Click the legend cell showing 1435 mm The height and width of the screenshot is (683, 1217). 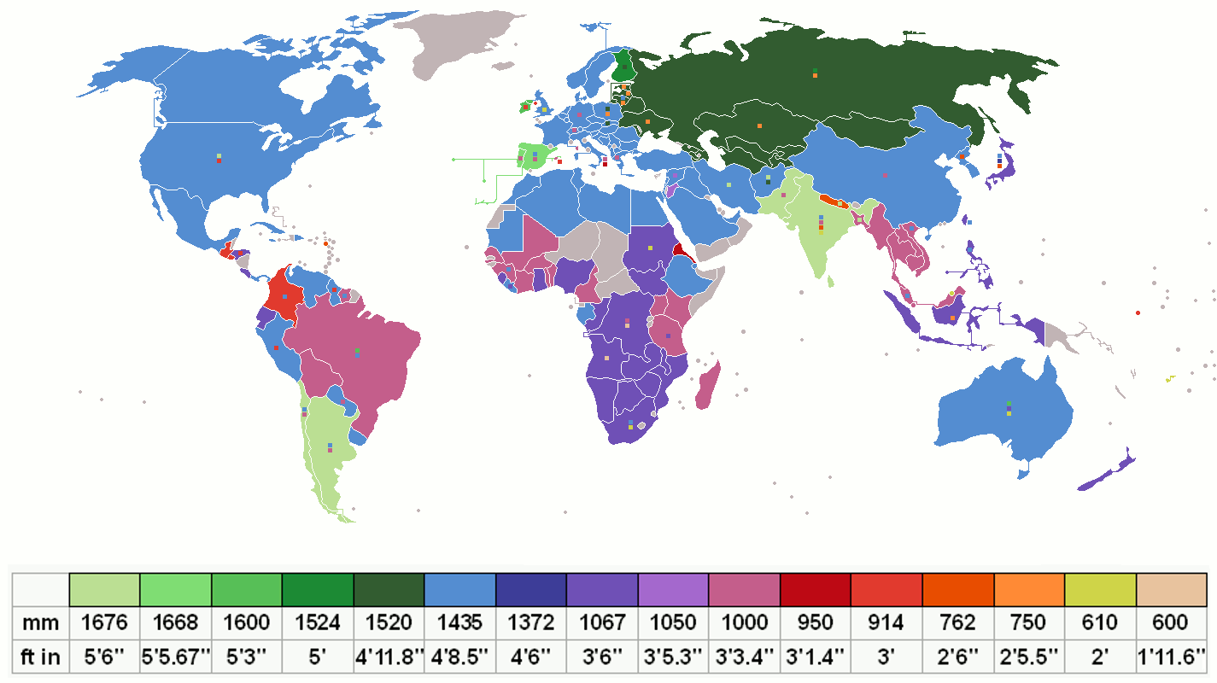tap(460, 622)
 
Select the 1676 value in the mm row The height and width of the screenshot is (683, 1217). tap(104, 622)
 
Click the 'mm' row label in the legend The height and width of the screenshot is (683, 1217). tap(39, 622)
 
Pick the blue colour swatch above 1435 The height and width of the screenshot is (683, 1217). tap(460, 589)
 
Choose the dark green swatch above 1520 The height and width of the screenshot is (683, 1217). tap(389, 589)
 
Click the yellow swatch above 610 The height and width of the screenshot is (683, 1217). tap(1100, 589)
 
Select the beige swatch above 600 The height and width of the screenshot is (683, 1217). tap(1171, 589)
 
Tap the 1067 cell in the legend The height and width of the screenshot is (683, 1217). tap(602, 622)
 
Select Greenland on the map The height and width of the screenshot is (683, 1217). tap(461, 43)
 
